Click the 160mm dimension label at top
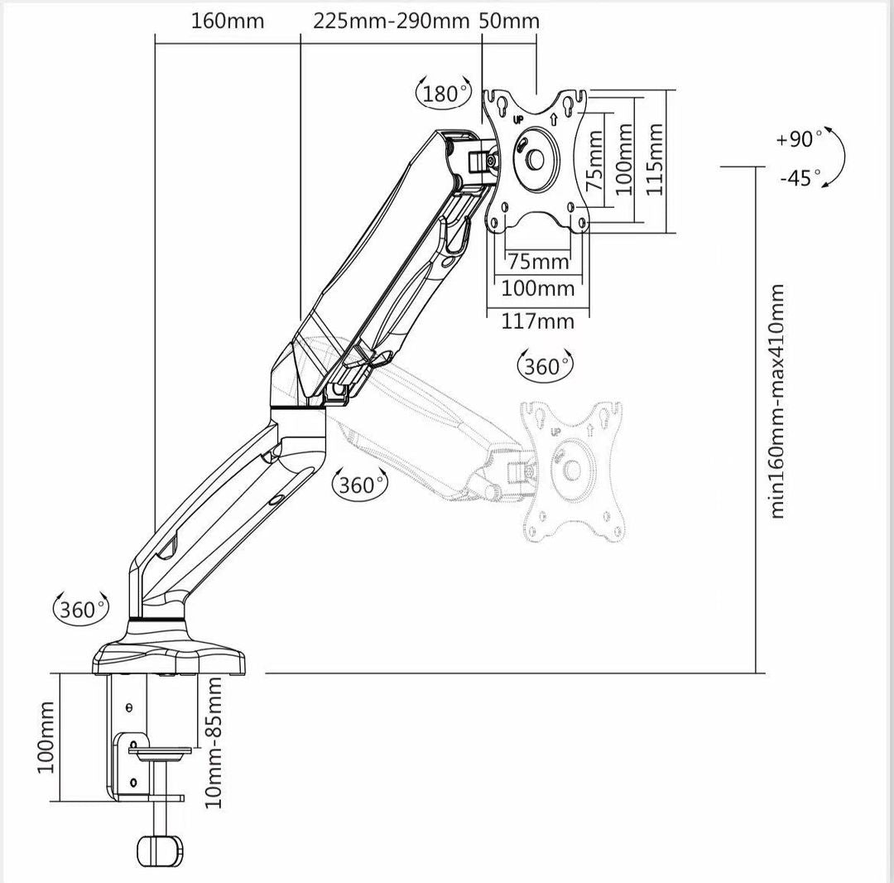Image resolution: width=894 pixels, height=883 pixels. click(x=228, y=22)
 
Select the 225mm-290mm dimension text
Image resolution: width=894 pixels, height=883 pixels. click(x=391, y=22)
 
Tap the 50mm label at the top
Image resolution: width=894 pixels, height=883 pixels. click(x=509, y=22)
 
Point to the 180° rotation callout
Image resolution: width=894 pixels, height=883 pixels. click(x=443, y=94)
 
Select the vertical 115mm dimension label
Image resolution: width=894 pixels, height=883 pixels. click(x=656, y=159)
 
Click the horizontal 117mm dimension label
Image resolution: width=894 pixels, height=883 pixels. click(x=537, y=321)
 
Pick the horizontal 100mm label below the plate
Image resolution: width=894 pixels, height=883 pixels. click(x=537, y=289)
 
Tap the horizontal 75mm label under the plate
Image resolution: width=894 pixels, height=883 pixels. click(x=538, y=263)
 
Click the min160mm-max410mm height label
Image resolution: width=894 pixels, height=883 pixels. click(x=777, y=402)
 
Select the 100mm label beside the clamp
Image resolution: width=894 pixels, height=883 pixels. click(x=46, y=737)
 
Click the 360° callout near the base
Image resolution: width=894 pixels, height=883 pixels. click(x=79, y=610)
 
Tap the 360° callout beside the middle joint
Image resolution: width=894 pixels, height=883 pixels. click(x=358, y=485)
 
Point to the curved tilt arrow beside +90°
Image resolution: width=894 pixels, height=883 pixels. click(x=837, y=157)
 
